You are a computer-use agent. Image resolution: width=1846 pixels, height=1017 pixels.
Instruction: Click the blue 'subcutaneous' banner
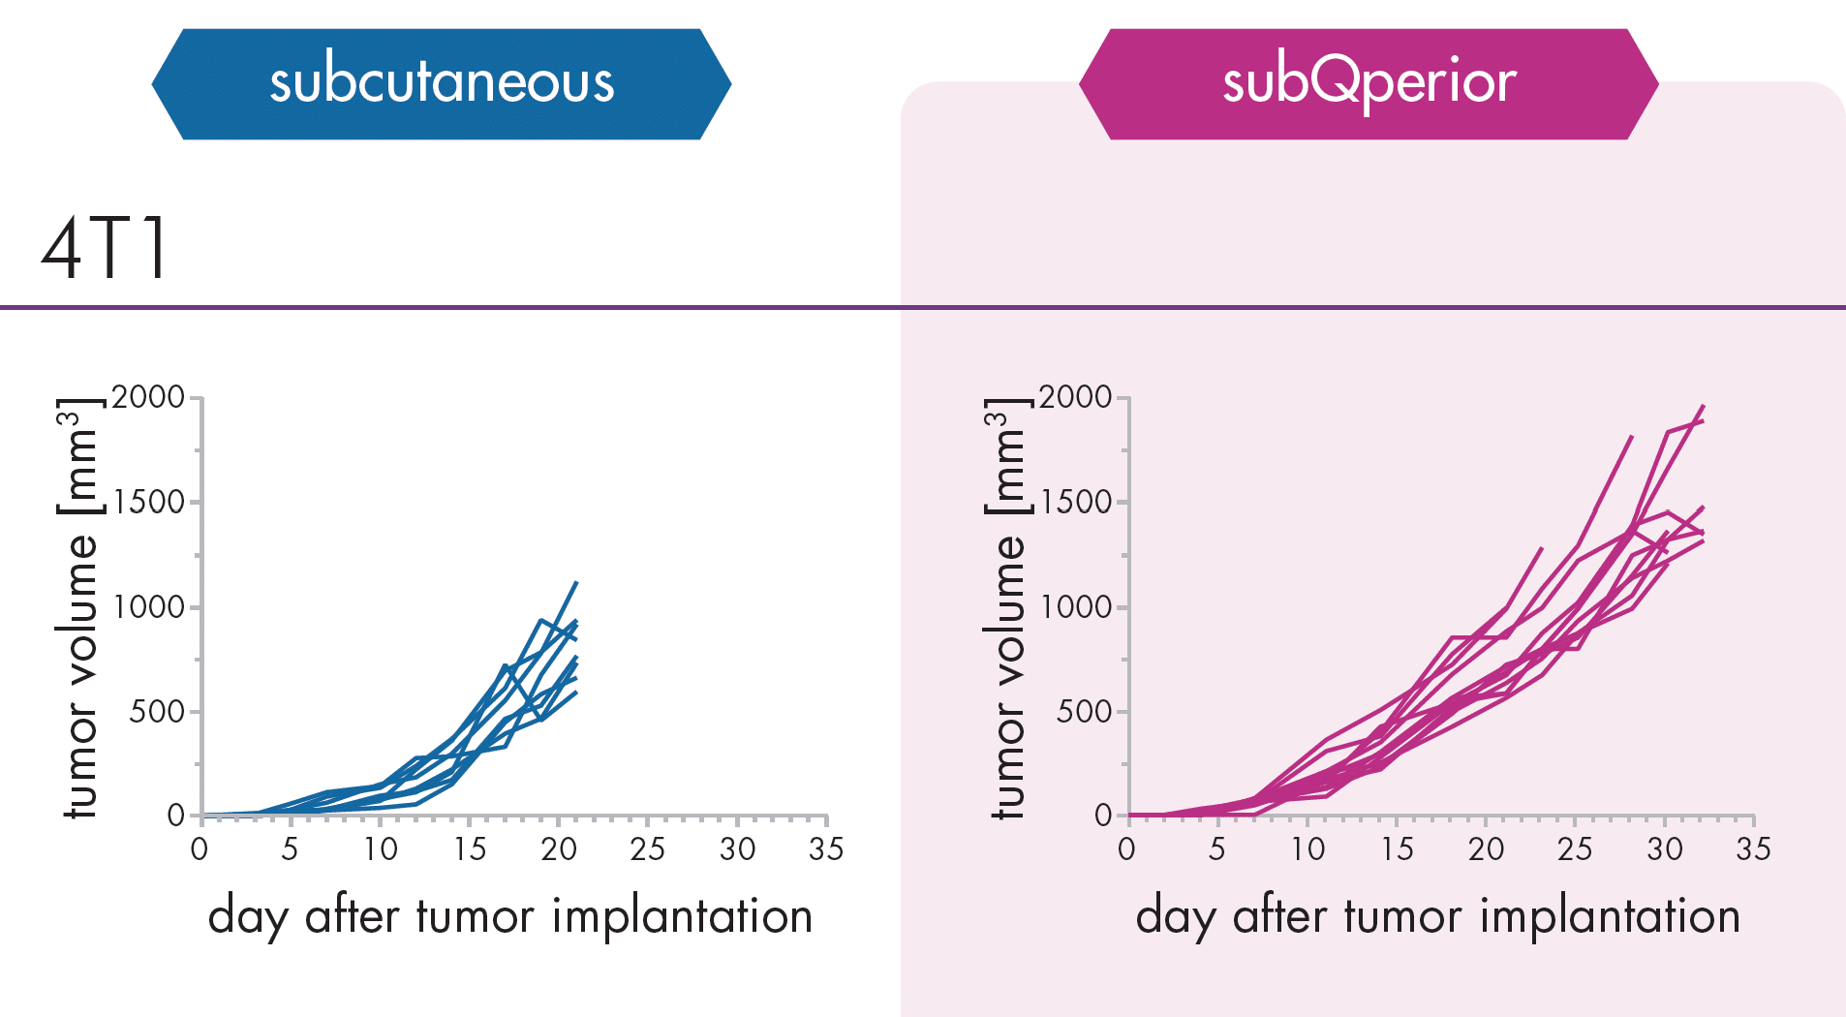[x=442, y=83]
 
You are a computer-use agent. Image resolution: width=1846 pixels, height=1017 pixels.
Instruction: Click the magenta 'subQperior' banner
[x=1369, y=83]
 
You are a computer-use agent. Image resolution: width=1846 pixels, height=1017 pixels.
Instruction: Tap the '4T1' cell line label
[x=105, y=249]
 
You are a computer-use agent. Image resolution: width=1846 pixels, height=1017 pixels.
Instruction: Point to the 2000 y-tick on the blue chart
[x=148, y=397]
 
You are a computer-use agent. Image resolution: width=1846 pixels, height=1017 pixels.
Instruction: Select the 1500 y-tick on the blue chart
[x=148, y=502]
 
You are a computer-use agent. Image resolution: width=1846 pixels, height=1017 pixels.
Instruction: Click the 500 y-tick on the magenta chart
[x=1083, y=712]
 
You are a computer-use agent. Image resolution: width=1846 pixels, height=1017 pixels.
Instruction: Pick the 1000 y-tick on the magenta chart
[x=1075, y=607]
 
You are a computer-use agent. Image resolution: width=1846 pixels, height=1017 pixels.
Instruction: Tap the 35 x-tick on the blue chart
[x=826, y=849]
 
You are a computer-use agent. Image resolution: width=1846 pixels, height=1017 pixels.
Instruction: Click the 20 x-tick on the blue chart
[x=559, y=849]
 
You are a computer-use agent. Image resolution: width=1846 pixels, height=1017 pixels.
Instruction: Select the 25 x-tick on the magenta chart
[x=1575, y=849]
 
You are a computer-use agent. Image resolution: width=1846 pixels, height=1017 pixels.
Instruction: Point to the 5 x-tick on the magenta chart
[x=1216, y=849]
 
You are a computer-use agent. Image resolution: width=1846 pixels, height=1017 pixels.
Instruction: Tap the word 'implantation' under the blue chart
[x=682, y=916]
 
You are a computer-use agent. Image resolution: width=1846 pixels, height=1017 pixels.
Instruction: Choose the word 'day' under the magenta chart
[x=1175, y=917]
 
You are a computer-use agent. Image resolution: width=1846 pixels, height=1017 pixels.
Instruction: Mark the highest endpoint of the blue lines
[x=576, y=583]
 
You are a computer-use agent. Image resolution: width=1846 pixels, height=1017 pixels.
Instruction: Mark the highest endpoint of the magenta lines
[x=1703, y=406]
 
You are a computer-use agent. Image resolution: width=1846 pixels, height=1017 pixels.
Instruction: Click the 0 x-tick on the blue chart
[x=200, y=849]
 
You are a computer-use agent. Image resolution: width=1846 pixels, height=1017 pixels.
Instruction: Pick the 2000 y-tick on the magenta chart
[x=1075, y=397]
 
